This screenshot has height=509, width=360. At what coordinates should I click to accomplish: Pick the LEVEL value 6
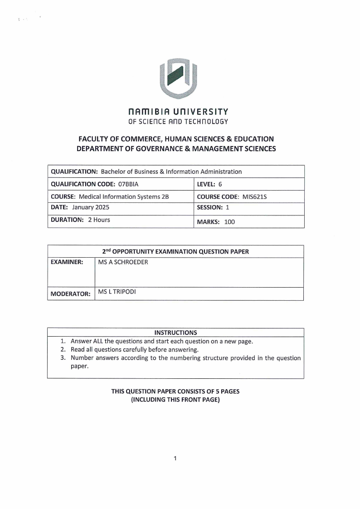pos(220,184)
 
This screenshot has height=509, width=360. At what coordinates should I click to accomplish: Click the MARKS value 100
pos(230,222)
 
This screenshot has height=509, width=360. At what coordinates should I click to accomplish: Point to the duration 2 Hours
pos(99,220)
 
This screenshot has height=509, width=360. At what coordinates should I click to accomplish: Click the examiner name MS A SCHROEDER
pos(123,262)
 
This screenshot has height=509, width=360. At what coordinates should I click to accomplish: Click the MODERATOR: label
pos(70,294)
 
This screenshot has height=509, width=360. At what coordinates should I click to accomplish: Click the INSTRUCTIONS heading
pos(175,332)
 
